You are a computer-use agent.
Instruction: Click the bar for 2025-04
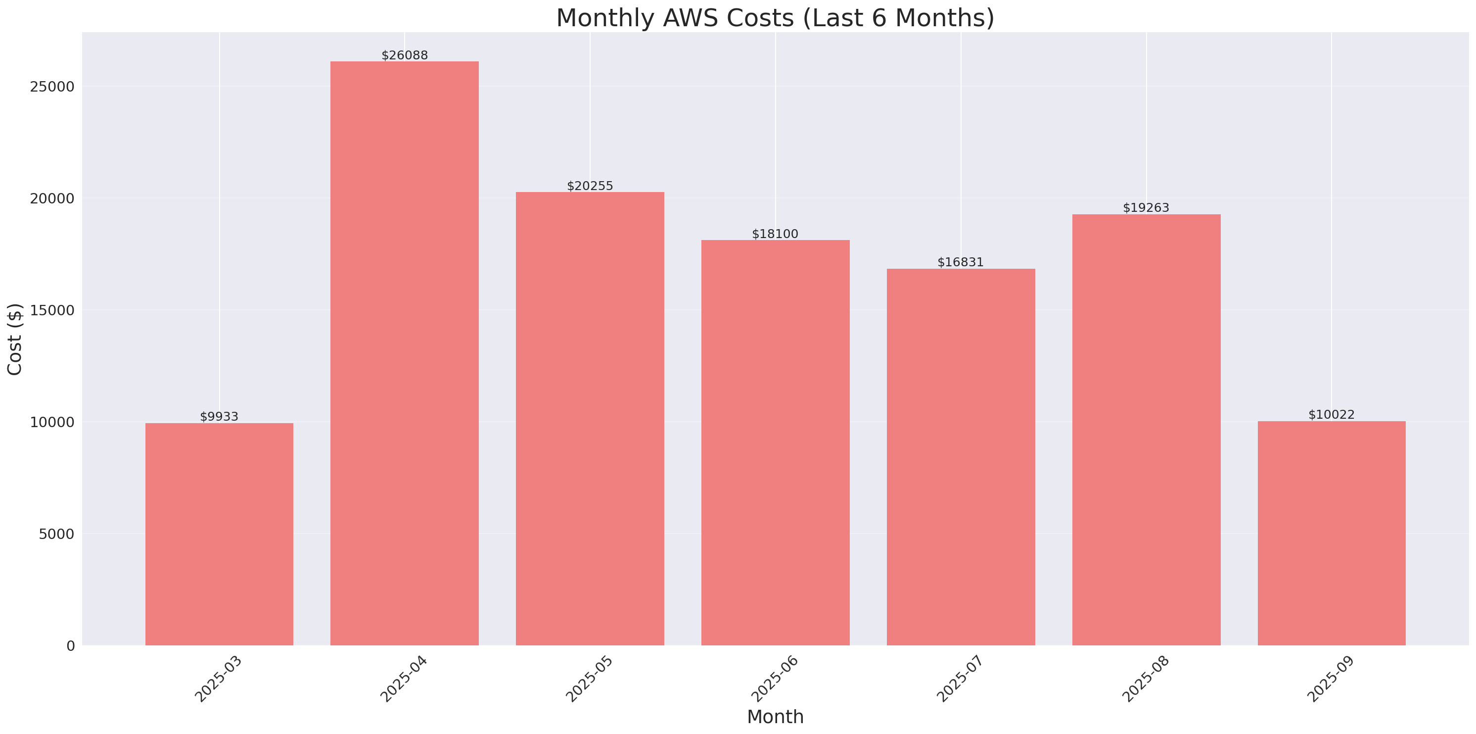point(405,353)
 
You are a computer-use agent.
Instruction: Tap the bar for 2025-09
point(1331,533)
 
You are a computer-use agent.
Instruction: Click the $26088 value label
point(405,55)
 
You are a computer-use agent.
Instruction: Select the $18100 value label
point(775,234)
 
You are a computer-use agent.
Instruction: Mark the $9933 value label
point(219,417)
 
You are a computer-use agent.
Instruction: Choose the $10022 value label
point(1331,415)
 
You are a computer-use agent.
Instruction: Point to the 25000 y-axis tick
point(52,87)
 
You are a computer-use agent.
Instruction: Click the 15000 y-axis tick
point(52,310)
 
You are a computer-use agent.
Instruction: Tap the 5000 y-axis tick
point(56,534)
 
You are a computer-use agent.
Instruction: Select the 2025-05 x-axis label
point(590,679)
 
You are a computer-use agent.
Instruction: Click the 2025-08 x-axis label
point(1146,679)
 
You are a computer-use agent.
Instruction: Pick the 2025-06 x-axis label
point(775,679)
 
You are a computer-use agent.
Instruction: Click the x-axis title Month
point(775,717)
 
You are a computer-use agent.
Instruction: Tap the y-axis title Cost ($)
point(15,339)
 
